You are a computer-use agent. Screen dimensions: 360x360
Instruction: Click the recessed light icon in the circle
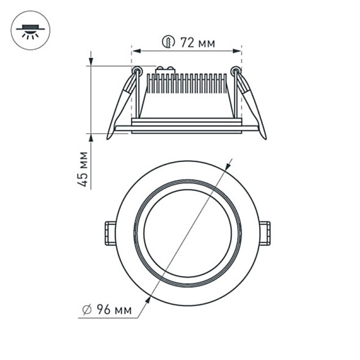30,31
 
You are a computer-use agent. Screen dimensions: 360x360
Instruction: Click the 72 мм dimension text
196,42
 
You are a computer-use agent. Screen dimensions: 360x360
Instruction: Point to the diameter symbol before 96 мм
87,310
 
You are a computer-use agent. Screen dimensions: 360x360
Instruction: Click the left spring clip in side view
122,104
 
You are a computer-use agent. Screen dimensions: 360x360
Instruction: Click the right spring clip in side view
251,104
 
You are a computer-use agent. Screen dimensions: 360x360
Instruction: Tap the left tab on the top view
110,233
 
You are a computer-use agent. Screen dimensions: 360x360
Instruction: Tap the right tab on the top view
265,233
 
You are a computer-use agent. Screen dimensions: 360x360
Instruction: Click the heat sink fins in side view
186,84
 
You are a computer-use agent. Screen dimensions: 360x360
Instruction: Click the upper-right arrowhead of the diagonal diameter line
229,164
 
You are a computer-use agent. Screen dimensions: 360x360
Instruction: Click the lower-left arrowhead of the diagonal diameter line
148,300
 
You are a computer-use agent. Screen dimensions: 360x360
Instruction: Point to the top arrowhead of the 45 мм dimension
91,62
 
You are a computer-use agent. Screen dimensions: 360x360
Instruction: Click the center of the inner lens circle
188,233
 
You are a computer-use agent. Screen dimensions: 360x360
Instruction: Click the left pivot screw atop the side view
137,71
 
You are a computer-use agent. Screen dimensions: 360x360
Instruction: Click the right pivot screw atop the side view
236,71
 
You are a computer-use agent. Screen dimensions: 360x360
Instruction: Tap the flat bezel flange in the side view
186,128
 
